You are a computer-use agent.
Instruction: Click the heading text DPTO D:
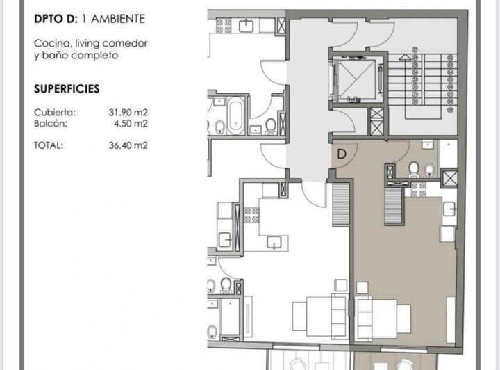coord(56,19)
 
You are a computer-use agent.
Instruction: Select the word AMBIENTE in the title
coord(118,19)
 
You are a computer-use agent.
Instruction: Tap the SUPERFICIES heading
coord(67,89)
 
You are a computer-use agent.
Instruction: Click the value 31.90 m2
coord(128,113)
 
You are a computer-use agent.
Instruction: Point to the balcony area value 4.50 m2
coord(131,124)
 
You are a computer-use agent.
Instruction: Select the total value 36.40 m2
coord(128,145)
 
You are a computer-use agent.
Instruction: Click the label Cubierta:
coord(55,113)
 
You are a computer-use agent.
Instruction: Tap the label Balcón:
coord(51,124)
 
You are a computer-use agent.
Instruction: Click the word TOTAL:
coord(49,145)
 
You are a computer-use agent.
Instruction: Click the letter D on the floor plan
coord(342,154)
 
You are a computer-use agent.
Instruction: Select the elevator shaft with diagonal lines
coord(356,79)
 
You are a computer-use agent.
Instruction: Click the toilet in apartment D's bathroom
coord(414,169)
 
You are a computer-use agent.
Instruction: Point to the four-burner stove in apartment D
coord(418,190)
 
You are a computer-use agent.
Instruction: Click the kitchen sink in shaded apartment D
coord(449,209)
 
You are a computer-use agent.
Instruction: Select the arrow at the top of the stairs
coord(405,57)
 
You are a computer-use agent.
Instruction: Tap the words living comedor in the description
coord(111,43)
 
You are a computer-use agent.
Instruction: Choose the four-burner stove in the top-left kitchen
coord(224,26)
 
